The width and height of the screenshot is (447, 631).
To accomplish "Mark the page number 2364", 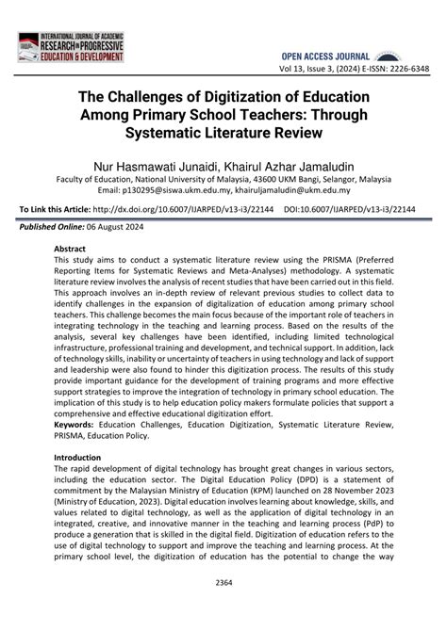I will pyautogui.click(x=223, y=609).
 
